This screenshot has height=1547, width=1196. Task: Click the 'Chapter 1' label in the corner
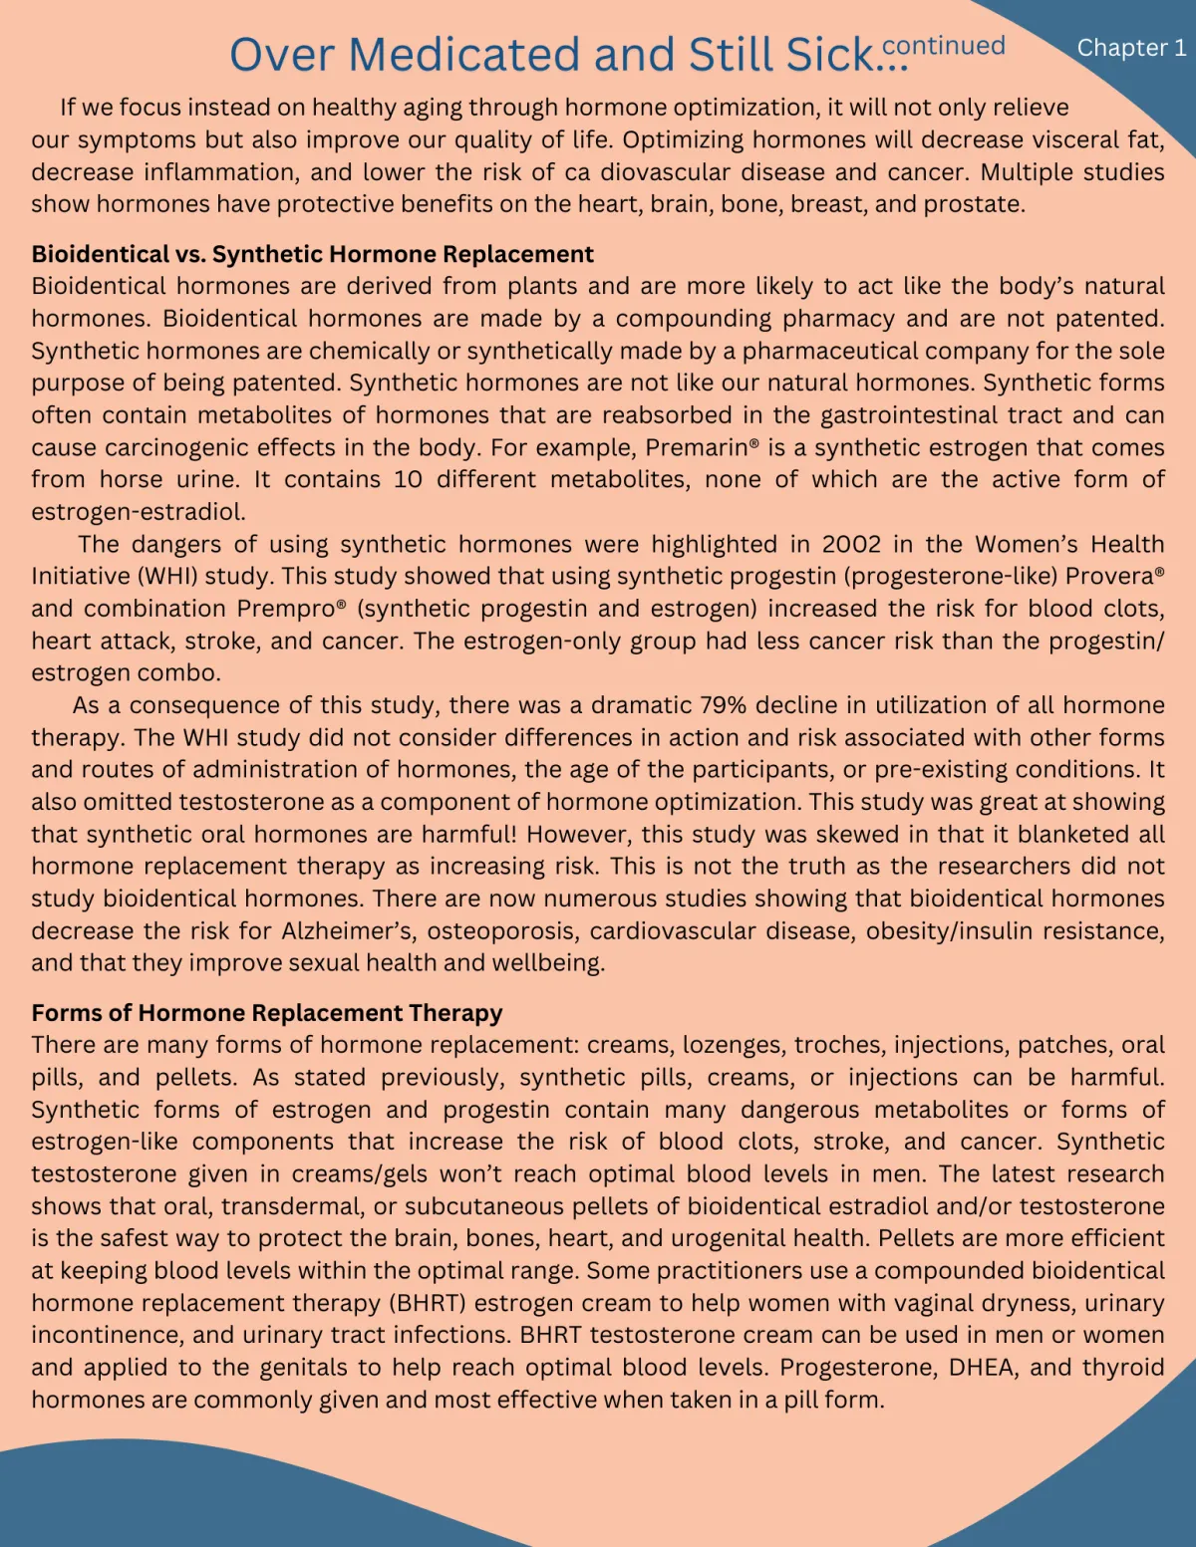tap(1131, 48)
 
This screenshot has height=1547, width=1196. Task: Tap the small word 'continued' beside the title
tap(944, 46)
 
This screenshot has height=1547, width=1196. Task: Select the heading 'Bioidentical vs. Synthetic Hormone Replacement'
tap(312, 254)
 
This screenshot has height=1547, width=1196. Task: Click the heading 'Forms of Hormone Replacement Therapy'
tap(266, 1013)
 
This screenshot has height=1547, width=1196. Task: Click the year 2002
tap(851, 544)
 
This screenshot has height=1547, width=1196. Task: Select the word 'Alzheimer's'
tap(342, 930)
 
